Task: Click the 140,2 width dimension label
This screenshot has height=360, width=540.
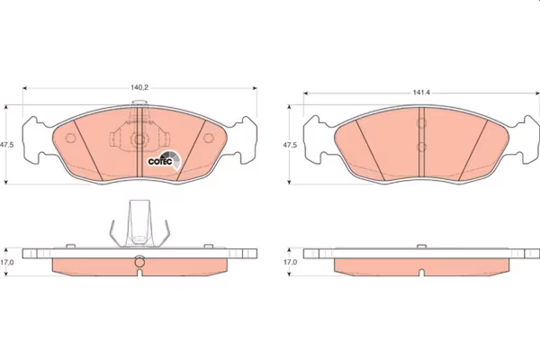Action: click(139, 87)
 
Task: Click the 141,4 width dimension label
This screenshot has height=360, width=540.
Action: click(421, 93)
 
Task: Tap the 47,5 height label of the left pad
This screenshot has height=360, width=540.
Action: click(7, 145)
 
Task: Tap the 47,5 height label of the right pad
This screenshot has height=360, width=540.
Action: click(290, 145)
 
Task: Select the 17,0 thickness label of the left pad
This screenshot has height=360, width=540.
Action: click(7, 262)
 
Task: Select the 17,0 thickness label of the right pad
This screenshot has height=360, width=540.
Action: click(290, 262)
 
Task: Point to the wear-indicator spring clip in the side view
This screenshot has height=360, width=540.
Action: click(139, 223)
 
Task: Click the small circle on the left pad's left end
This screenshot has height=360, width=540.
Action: click(70, 138)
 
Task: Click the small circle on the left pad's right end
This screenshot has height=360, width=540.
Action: click(209, 138)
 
